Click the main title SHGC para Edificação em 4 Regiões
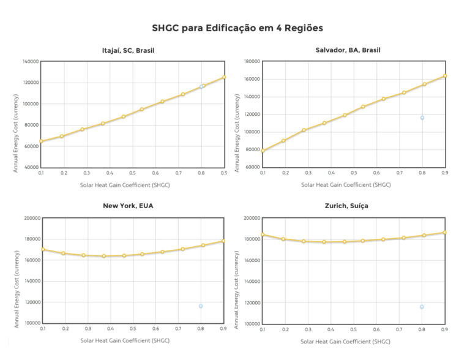tap(237, 28)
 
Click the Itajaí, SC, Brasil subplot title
tap(128, 50)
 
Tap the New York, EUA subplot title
tap(128, 206)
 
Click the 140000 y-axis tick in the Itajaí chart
tap(30, 61)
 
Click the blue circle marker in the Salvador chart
tap(422, 118)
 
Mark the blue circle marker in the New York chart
tap(201, 306)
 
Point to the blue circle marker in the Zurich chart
tap(422, 307)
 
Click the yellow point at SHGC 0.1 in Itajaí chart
tap(41, 141)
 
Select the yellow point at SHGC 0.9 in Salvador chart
tap(445, 76)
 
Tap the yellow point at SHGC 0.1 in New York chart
tap(42, 249)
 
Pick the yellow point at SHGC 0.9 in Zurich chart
tap(445, 232)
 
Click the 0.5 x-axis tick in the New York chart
tap(133, 329)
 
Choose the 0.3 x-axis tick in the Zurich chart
tap(308, 329)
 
